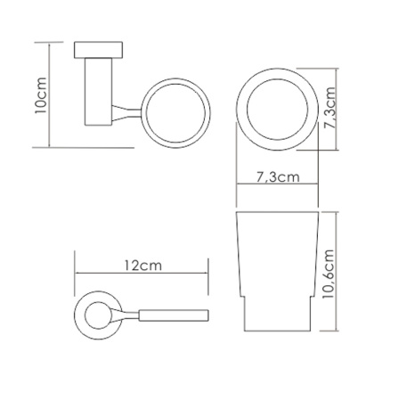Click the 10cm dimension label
[41, 95]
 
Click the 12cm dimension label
[142, 266]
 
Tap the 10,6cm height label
[329, 274]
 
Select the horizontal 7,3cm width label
[278, 177]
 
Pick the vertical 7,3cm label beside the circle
[330, 108]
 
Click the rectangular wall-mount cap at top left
[98, 50]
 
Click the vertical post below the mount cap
[99, 92]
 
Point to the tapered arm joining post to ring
[126, 113]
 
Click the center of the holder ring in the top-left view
[175, 113]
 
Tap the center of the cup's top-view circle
[277, 110]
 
